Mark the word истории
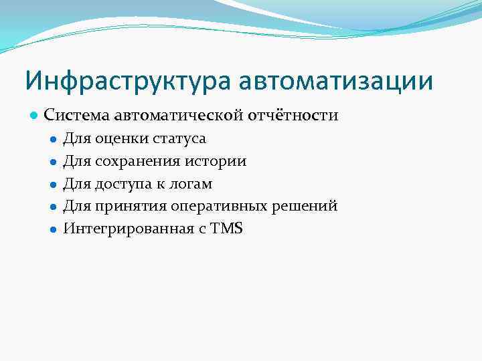pos(222,161)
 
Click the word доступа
pos(127,184)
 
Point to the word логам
pos(191,184)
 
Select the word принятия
pos(131,206)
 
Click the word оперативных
pos(218,206)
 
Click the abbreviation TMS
pos(227,229)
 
